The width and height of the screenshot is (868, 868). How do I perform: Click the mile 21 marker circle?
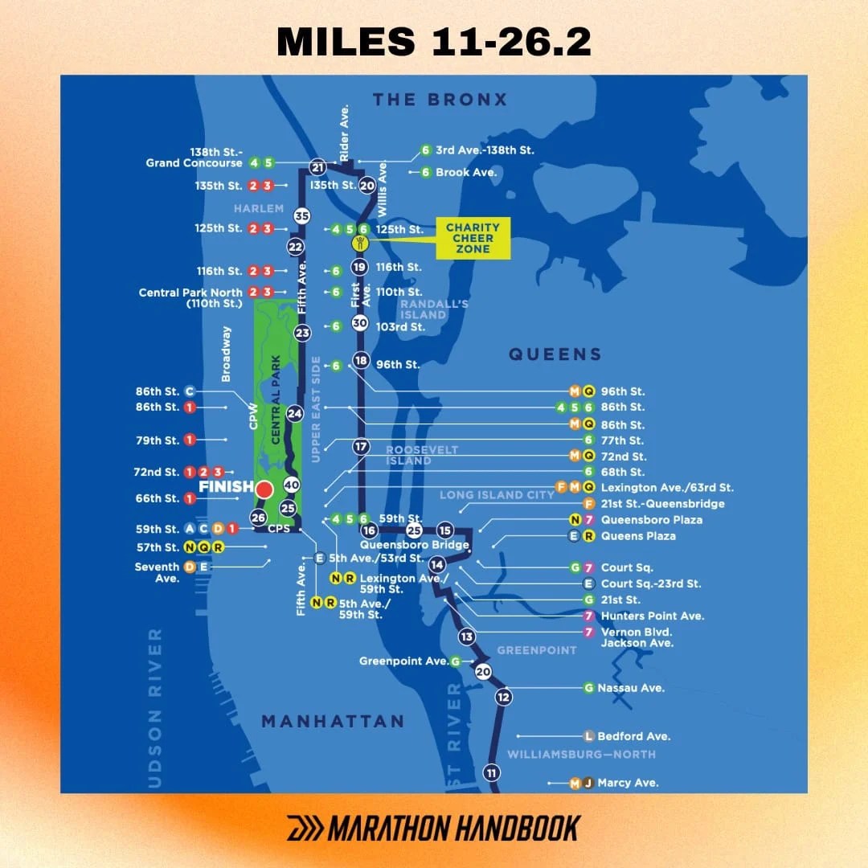pos(318,167)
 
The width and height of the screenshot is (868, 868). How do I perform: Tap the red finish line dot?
pos(264,488)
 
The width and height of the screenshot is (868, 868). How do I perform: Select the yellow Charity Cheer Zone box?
pos(473,239)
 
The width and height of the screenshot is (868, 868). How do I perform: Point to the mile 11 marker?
pos(492,773)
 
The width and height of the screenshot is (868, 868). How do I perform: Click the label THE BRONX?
pos(440,100)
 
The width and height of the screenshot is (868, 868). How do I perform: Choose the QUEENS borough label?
pos(555,354)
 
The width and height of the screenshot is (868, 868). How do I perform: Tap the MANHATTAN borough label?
pos(332,721)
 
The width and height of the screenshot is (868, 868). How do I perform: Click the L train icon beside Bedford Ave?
pos(589,736)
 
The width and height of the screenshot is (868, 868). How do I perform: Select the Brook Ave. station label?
pos(466,172)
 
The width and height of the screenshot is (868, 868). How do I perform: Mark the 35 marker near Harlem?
pos(302,215)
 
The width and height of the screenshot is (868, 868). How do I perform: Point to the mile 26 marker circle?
pos(258,518)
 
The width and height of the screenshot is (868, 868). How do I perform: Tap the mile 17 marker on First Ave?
pos(361,446)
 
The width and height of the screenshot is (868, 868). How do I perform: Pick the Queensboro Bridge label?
pos(414,545)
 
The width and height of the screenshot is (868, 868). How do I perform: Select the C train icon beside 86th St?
pos(190,391)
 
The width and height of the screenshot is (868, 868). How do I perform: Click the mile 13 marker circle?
pos(467,637)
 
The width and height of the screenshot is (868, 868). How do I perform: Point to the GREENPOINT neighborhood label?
pos(537,649)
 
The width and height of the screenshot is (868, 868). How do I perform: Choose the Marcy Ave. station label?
pos(628,783)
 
